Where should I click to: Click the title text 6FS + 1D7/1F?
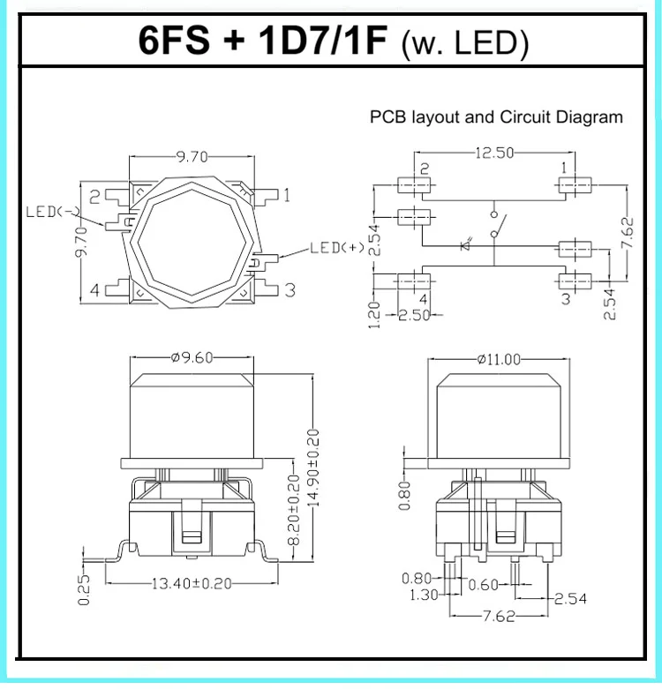pos(263,41)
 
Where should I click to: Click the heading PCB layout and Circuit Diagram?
pos(496,116)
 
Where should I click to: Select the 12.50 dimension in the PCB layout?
pos(494,153)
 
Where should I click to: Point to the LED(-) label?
pos(54,212)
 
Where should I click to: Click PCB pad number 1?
pos(579,185)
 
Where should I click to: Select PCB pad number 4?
pos(410,281)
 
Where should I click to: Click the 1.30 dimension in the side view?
pos(423,595)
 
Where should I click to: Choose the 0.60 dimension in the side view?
pos(483,583)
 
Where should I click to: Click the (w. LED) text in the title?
pos(462,44)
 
